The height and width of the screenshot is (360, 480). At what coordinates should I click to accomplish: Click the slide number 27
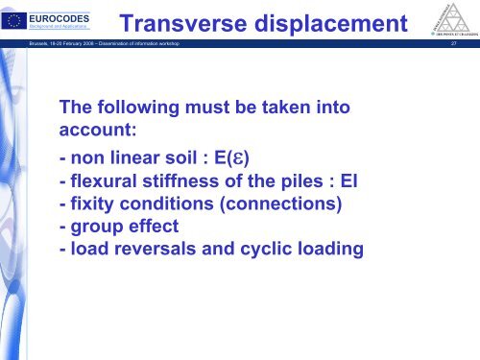click(x=466, y=44)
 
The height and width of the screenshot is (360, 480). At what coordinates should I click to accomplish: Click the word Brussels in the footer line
click(x=18, y=44)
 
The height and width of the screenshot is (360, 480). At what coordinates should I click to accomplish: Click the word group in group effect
click(x=96, y=227)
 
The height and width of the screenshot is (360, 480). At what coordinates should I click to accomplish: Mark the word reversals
click(x=161, y=250)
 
